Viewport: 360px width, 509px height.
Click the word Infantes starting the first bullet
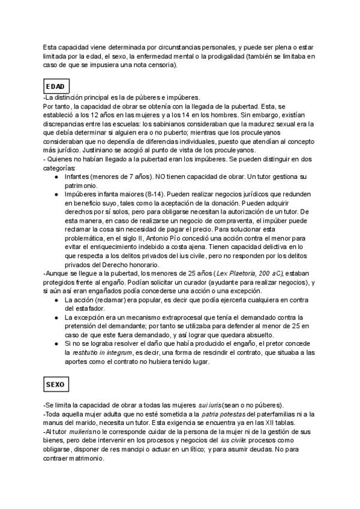[x=79, y=178]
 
